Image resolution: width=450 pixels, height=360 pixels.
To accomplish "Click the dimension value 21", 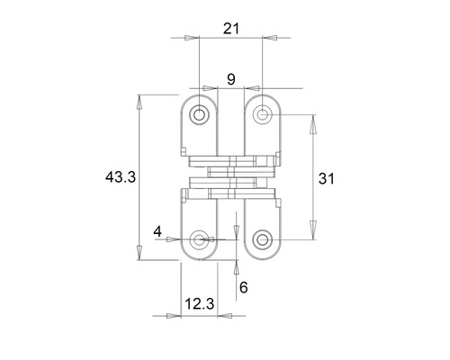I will pos(230,29).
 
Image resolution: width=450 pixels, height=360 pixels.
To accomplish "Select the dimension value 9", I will pos(231,79).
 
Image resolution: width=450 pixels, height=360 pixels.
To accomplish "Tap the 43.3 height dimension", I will pos(120,177).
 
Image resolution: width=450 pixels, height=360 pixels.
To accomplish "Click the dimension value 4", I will pos(158,231).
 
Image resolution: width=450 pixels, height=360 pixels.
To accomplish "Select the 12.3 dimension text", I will pos(199,304).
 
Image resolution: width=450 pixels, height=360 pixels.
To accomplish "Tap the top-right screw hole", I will pos(263,113).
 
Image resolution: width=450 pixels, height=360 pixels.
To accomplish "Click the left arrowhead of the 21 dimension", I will pos(191,39).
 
